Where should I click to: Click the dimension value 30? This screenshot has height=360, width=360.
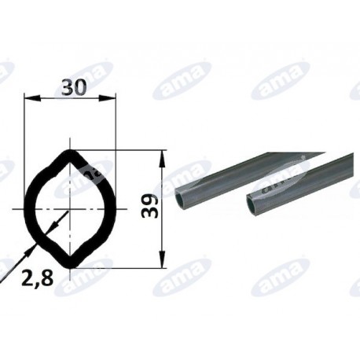pyautogui.click(x=74, y=87)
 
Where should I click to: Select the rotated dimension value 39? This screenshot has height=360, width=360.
pyautogui.click(x=150, y=206)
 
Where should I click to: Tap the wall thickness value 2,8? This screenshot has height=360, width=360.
pyautogui.click(x=38, y=277)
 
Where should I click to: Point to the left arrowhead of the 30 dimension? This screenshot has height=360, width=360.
pyautogui.click(x=32, y=98)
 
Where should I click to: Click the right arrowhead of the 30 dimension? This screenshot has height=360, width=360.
pyautogui.click(x=107, y=98)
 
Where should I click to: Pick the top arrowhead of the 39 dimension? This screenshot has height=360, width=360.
pyautogui.click(x=163, y=159)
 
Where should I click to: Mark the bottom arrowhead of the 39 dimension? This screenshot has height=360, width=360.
pyautogui.click(x=163, y=259)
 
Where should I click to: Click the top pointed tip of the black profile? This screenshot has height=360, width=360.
pyautogui.click(x=70, y=152)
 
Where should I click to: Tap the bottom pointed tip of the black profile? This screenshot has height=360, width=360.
pyautogui.click(x=70, y=266)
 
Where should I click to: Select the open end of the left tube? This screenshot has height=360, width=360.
pyautogui.click(x=181, y=200)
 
